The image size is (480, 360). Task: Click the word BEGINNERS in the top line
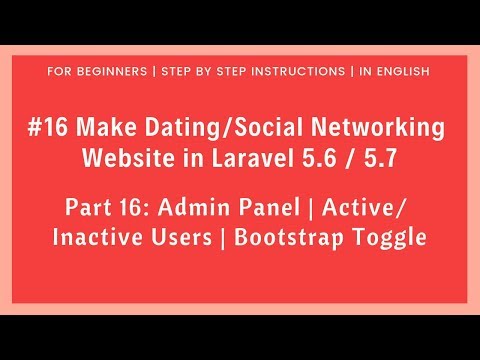[x=113, y=72]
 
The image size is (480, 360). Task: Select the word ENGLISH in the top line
[x=401, y=72]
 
